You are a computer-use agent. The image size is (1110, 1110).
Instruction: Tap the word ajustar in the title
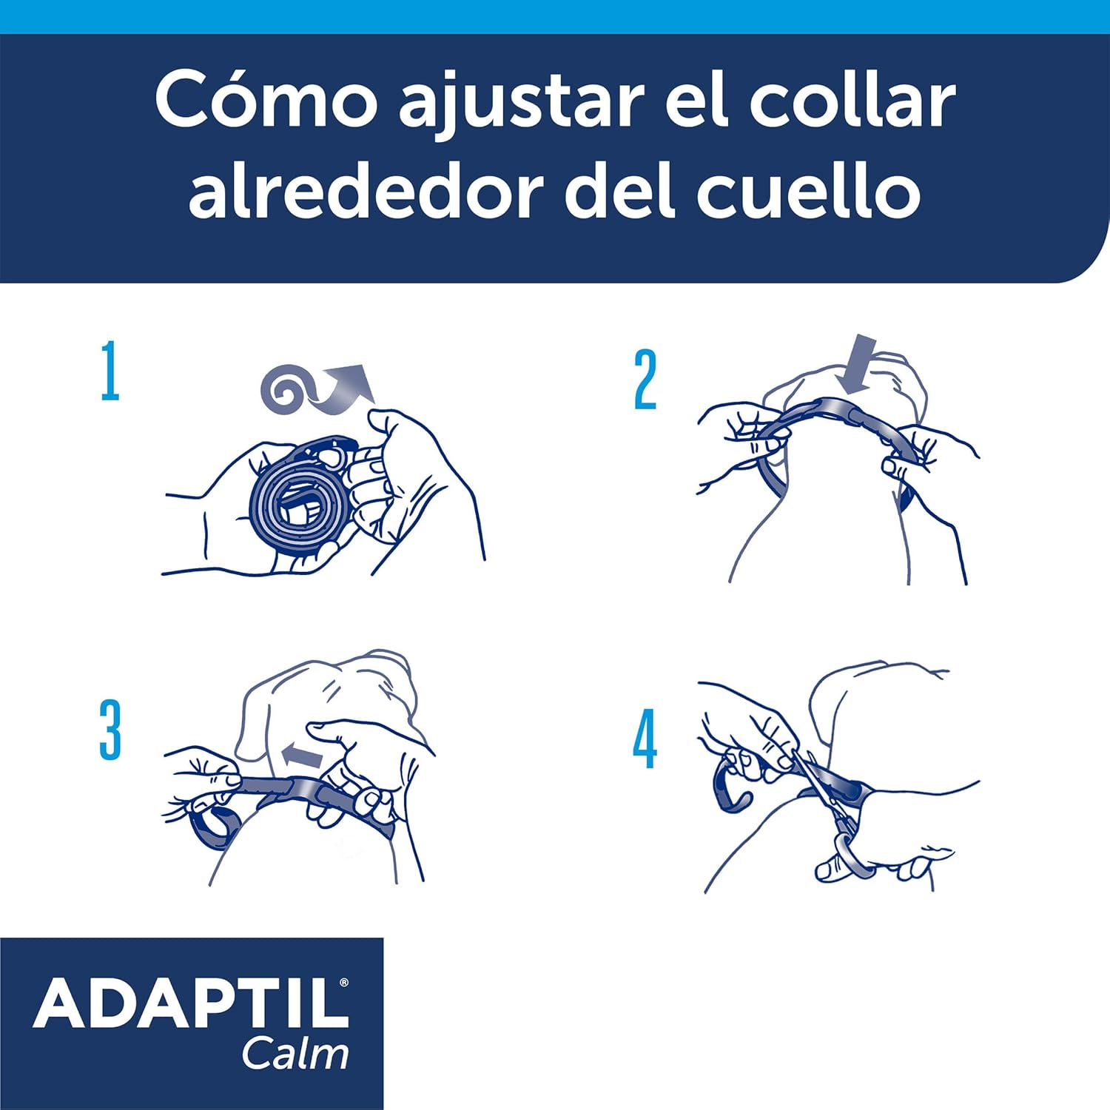point(517,104)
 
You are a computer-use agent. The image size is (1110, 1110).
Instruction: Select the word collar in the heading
point(852,101)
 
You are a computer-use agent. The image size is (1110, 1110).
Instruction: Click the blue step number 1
point(110,371)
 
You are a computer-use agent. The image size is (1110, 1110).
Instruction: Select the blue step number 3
point(110,730)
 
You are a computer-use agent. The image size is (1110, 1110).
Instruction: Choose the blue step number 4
point(645,739)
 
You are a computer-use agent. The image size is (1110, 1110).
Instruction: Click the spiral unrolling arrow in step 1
point(311,389)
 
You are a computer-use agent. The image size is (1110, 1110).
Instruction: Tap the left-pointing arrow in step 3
point(302,756)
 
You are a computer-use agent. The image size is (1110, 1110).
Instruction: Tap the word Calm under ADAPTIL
point(295,1054)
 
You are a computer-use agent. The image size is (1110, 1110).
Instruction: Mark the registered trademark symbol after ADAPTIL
point(343,983)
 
